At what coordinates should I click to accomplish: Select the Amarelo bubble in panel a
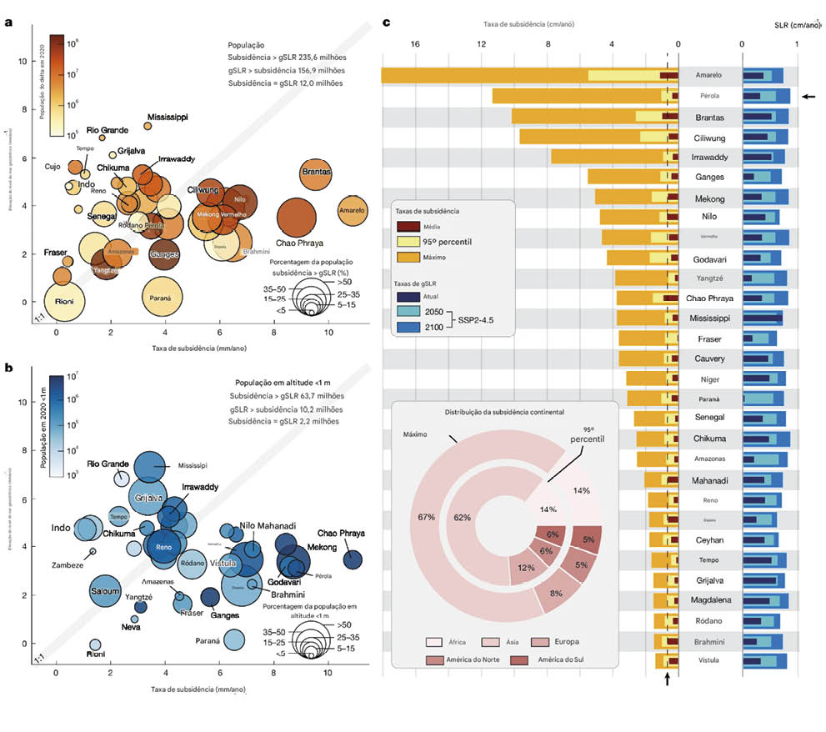coord(351,211)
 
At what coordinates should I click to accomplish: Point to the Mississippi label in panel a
coord(172,116)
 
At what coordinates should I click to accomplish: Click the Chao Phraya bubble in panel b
coord(353,559)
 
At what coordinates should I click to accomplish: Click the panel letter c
coord(386,23)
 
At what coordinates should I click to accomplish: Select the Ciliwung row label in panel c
coord(710,137)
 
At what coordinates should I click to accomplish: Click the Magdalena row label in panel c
coord(710,599)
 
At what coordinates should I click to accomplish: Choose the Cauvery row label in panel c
coord(710,358)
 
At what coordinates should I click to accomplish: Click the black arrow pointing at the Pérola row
coord(808,97)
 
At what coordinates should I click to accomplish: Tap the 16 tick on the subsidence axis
coord(414,43)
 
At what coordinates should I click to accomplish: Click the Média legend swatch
coord(408,226)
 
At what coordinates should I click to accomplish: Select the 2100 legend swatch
coord(408,325)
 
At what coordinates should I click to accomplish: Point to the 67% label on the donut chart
coord(427,517)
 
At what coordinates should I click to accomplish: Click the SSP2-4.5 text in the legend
coord(478,318)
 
